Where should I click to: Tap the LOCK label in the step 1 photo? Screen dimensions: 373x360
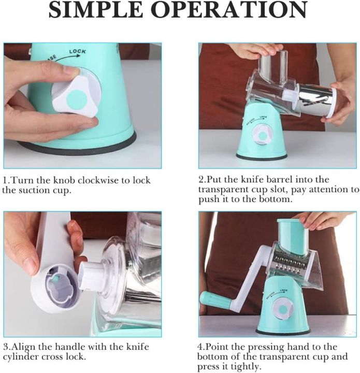(78, 52)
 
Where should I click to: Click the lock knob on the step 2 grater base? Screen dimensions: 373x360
(262, 135)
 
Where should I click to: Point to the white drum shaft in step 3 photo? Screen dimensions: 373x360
(93, 275)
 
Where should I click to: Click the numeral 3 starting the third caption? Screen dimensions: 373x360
(5, 347)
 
